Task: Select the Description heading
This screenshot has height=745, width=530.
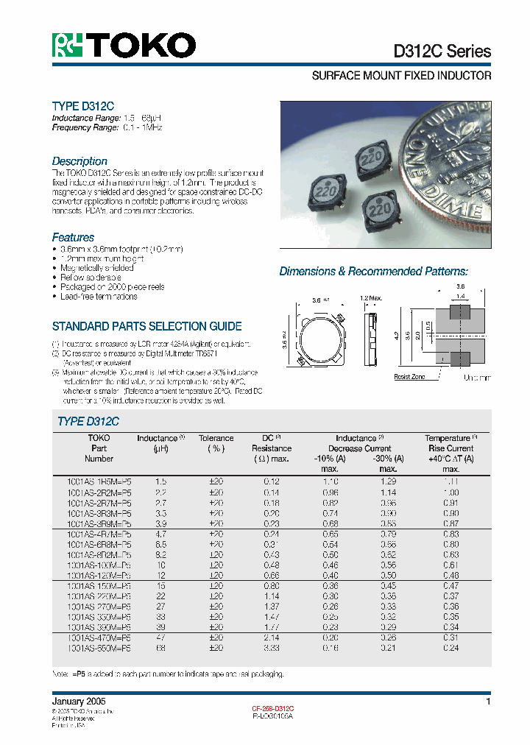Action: point(79,161)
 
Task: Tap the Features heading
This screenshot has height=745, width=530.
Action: point(73,237)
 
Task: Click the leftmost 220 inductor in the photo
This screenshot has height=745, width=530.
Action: point(321,194)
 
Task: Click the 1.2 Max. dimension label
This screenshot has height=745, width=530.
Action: point(371,298)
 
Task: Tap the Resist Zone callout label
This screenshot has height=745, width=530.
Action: point(410,376)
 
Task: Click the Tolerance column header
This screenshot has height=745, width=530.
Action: point(216,438)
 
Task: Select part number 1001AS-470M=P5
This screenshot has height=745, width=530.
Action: point(99,638)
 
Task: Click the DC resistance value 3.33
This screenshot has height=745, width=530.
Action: point(272,648)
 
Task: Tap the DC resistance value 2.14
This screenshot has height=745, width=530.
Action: point(272,638)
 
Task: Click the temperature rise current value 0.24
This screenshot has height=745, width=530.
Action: point(451,648)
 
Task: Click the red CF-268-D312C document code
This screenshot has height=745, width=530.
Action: point(273,708)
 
